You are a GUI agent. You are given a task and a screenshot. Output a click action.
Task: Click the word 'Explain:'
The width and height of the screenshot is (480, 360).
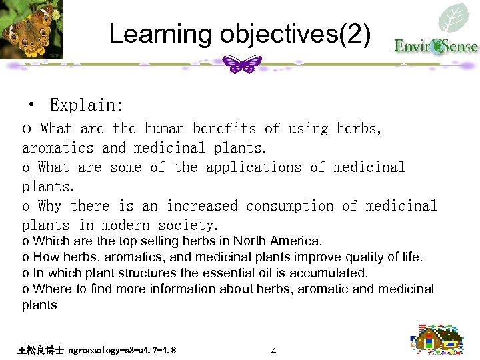[86, 105]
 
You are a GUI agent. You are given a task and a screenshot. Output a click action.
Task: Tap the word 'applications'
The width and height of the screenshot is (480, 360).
[253, 167]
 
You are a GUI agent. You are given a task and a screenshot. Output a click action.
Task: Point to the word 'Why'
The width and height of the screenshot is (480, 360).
[50, 206]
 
